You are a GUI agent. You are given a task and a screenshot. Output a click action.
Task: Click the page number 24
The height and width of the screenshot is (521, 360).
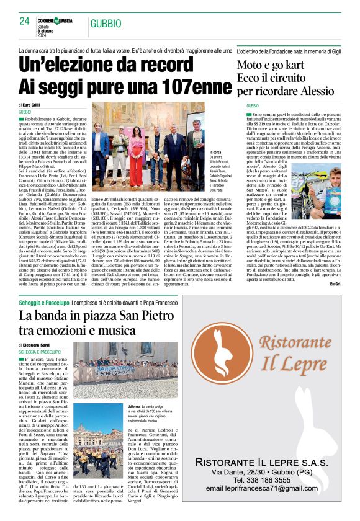click(x=25, y=20)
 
